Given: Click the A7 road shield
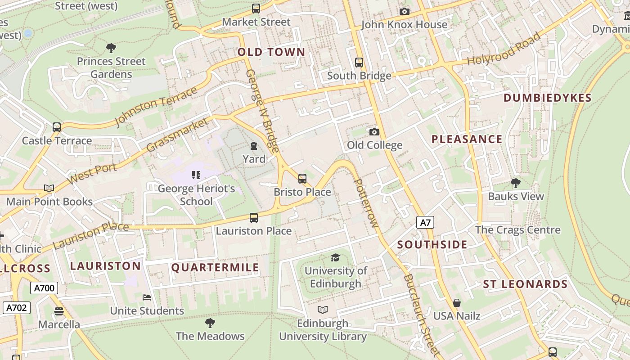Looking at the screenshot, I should [425, 222].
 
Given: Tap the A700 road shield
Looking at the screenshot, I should [44, 288].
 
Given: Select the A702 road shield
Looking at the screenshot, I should [17, 308].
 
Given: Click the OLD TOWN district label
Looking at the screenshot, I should [271, 52].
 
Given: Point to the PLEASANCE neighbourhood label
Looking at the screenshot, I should [467, 139].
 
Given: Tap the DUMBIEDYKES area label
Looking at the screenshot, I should [547, 98].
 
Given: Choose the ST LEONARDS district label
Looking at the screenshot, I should [525, 284].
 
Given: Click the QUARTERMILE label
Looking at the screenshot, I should [215, 268].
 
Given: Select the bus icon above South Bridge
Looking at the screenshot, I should [359, 63].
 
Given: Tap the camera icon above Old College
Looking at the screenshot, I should [374, 132].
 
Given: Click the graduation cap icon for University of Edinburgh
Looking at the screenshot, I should [335, 257].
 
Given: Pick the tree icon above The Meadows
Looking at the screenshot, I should [210, 323].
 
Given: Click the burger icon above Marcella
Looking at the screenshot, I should [58, 311].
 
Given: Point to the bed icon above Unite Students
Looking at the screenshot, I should [147, 297].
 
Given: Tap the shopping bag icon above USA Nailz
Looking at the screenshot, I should [457, 303].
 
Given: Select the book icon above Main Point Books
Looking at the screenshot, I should [49, 188].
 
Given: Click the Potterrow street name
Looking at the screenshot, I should [366, 202].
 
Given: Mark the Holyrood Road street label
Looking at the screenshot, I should [504, 49].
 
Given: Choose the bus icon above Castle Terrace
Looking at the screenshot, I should [56, 127].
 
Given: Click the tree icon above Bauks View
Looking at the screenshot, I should [516, 183].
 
